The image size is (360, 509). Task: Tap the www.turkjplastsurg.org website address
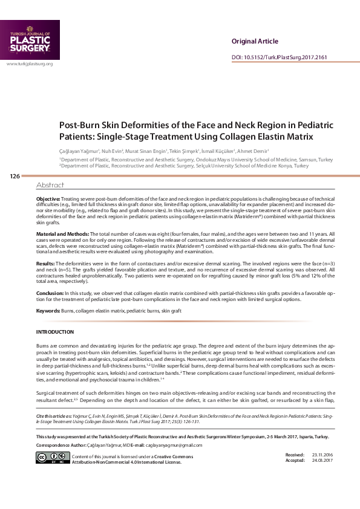pos(30,63)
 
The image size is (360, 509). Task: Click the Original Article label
pos(255,41)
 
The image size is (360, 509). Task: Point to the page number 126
pos(15,176)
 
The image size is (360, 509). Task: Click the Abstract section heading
pos(50,185)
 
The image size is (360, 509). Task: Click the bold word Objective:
pos(48,198)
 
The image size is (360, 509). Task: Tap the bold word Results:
pos(46,264)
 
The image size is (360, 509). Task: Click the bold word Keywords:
pos(48,311)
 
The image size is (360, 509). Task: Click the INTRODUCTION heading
pos(55,332)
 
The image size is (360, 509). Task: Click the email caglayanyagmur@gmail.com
pos(174,445)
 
